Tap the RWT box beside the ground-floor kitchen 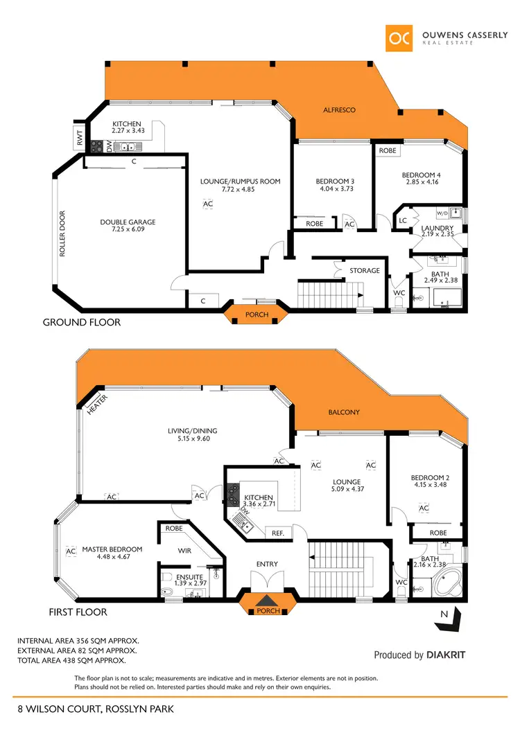point(79,138)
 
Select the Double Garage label point(128,222)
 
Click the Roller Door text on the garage point(62,234)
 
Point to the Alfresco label point(340,110)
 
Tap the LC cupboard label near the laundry point(403,220)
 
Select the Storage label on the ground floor point(365,270)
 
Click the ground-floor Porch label point(257,315)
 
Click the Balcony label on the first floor point(344,412)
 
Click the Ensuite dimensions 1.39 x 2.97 point(187,583)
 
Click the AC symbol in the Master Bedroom point(70,551)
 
